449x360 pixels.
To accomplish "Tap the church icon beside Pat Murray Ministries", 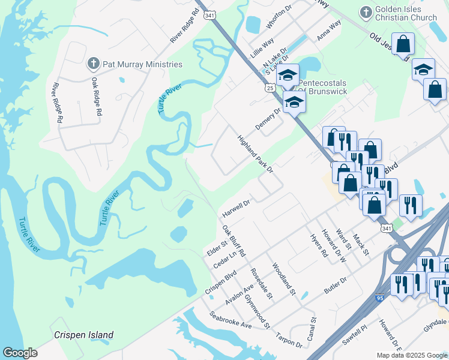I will [x=93, y=63].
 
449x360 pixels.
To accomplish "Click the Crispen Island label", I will [x=83, y=335].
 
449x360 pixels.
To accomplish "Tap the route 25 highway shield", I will [x=270, y=88].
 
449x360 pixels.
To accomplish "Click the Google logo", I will [x=20, y=353].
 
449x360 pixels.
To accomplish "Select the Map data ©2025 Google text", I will [x=411, y=355].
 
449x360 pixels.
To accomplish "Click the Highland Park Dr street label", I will [x=255, y=154].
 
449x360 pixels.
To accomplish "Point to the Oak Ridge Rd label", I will [x=97, y=96].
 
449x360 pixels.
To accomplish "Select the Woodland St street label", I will [x=284, y=278].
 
